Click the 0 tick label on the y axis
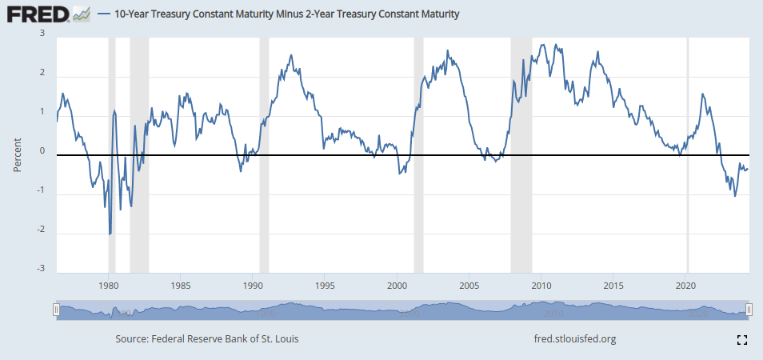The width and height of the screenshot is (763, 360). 42,152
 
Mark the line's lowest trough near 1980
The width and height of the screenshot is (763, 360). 110,234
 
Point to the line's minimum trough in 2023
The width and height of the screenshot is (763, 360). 735,196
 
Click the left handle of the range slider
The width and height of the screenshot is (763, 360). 56,310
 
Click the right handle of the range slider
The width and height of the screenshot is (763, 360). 749,310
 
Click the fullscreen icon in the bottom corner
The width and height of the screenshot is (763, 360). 741,340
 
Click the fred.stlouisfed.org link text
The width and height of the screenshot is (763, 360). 574,339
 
